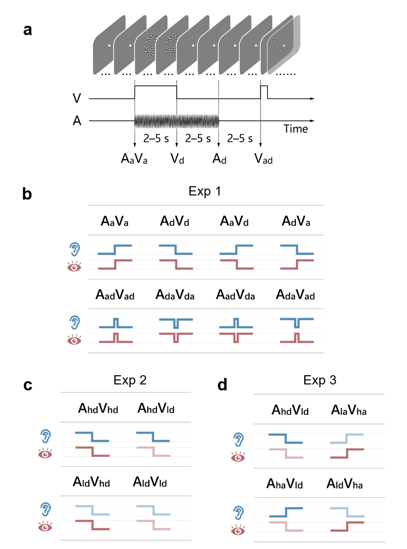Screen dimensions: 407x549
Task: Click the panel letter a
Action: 28,30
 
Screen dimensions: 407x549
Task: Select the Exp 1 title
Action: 205,191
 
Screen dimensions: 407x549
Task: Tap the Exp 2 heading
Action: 130,380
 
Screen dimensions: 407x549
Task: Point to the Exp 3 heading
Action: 320,380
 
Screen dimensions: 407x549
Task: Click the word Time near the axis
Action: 295,129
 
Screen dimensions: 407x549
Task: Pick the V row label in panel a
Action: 77,98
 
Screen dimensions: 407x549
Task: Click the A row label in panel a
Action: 77,121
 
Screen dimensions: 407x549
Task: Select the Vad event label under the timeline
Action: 263,159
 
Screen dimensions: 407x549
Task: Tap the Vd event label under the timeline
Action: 177,159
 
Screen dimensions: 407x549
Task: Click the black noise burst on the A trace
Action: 177,121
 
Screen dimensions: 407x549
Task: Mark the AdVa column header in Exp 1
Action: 296,221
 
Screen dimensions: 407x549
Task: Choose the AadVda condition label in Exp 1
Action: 235,295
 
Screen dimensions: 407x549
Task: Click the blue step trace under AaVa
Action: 114,249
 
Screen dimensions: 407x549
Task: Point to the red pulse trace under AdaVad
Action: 297,337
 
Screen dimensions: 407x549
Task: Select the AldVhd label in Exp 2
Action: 91,482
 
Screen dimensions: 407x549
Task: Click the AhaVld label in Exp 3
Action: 285,484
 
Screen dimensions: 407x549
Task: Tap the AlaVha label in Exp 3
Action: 349,410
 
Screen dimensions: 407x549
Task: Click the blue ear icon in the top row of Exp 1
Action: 75,249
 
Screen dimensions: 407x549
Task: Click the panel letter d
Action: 222,385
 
